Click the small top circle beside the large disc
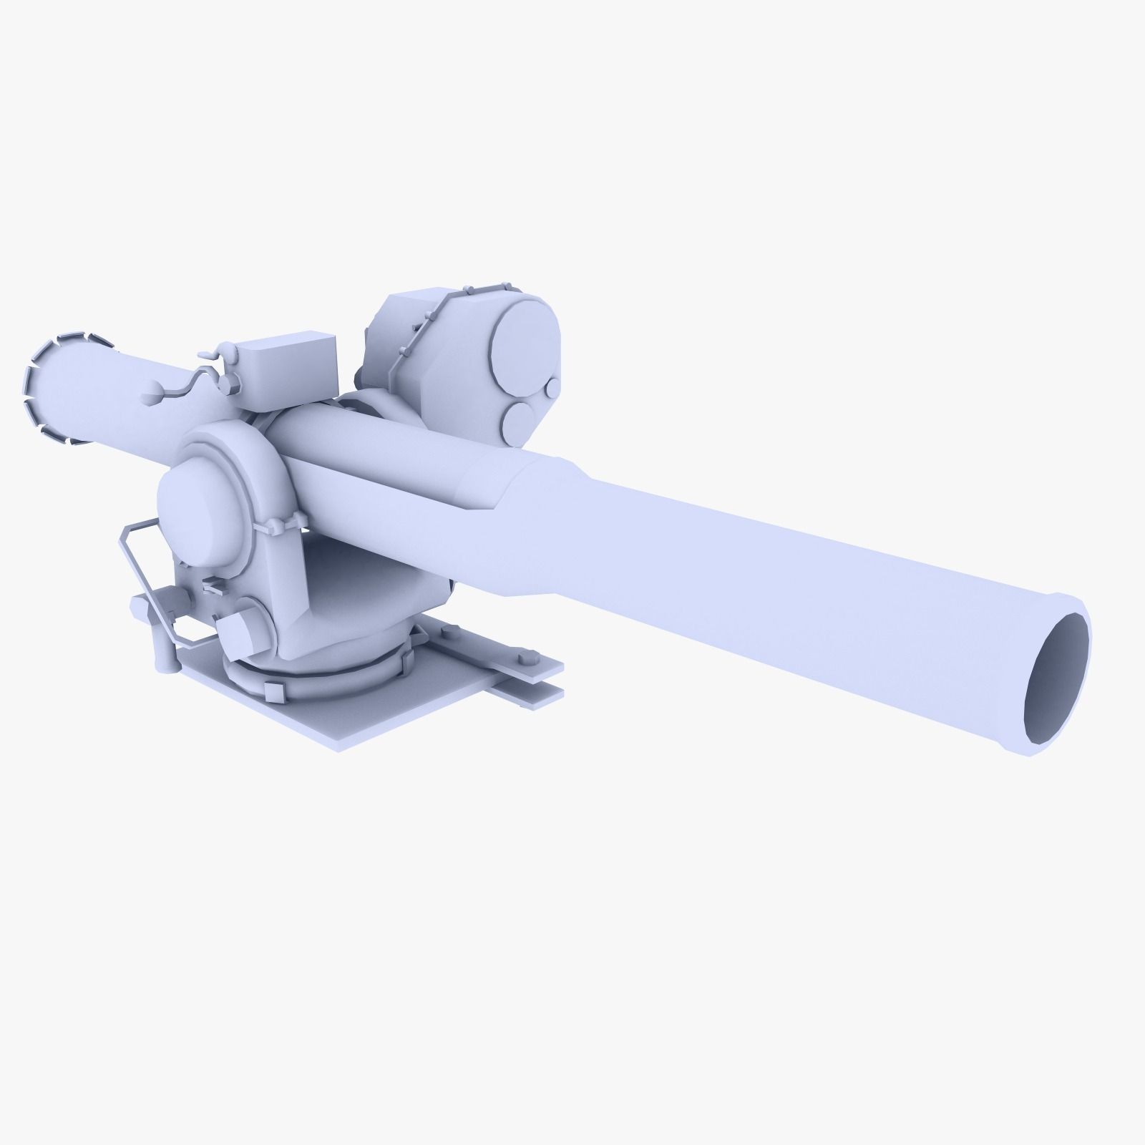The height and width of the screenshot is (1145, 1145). pyautogui.click(x=552, y=389)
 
